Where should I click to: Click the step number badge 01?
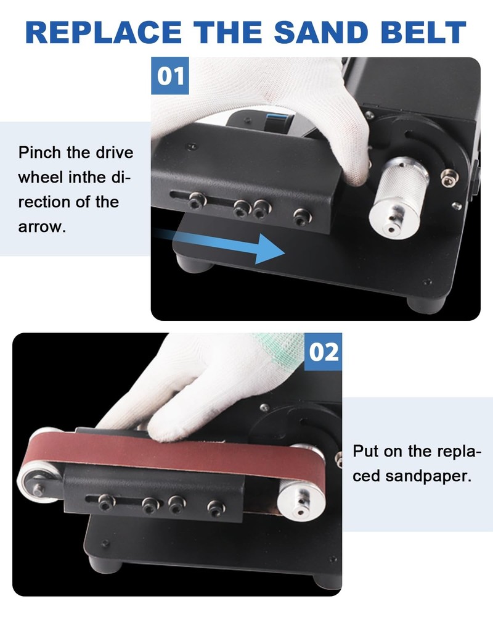170,76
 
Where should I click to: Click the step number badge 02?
324,352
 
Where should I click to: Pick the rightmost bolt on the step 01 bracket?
301,216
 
